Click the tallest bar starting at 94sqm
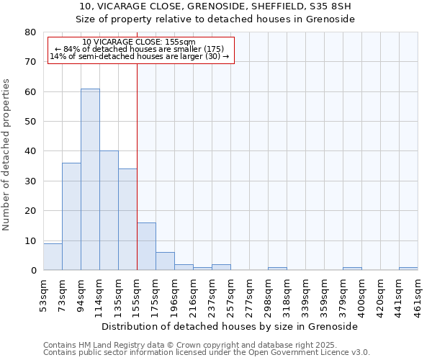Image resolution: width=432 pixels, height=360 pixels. [x=90, y=179]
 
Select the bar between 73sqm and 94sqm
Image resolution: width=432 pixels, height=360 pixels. [x=71, y=216]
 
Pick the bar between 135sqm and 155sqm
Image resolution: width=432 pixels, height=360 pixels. [x=127, y=220]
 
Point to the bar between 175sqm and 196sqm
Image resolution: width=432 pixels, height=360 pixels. [x=165, y=261]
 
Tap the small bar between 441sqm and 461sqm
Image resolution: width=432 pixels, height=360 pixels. [x=408, y=269]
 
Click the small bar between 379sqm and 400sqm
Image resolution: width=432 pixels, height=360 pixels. [x=352, y=269]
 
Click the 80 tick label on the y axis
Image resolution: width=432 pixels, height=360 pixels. [x=30, y=32]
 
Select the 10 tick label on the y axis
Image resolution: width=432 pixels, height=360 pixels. [x=30, y=240]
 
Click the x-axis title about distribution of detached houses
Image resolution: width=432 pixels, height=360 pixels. [x=230, y=326]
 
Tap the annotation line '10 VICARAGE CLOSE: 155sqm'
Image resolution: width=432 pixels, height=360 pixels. [x=138, y=42]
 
